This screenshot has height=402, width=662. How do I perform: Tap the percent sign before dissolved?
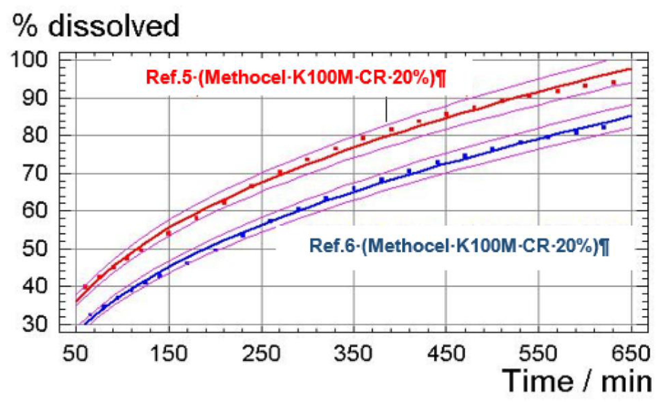pos(25,26)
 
